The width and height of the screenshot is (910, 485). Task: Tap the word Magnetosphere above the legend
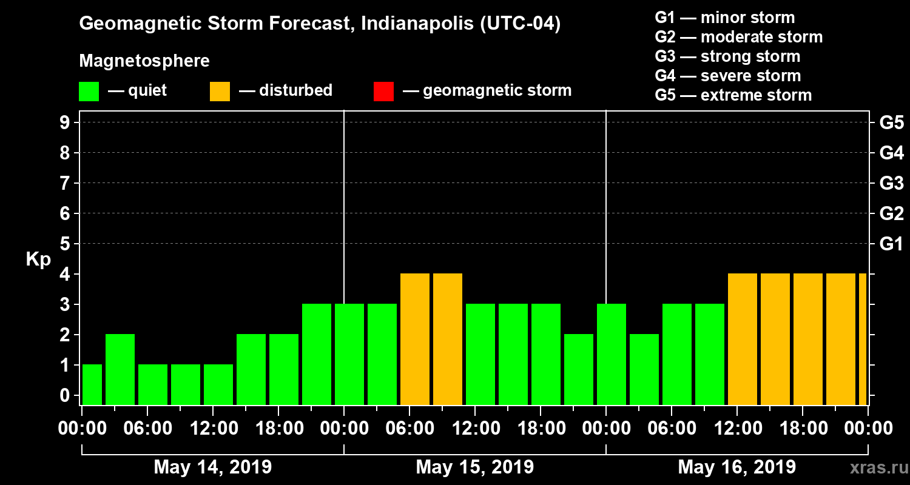pyautogui.click(x=144, y=61)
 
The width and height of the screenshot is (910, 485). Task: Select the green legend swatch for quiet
pyautogui.click(x=89, y=91)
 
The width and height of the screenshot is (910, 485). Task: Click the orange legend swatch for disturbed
pyautogui.click(x=220, y=91)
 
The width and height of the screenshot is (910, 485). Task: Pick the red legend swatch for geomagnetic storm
pyautogui.click(x=383, y=91)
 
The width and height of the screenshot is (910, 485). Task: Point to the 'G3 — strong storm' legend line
pyautogui.click(x=727, y=56)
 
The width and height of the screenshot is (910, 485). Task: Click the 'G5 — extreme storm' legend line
pyautogui.click(x=733, y=95)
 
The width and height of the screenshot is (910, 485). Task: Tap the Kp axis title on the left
pyautogui.click(x=38, y=259)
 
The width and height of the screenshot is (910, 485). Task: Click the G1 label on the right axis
pyautogui.click(x=891, y=244)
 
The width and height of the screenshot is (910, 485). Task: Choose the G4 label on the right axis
pyautogui.click(x=891, y=153)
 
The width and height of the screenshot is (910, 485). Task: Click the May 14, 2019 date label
pyautogui.click(x=212, y=467)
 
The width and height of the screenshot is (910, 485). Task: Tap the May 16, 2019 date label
pyautogui.click(x=736, y=467)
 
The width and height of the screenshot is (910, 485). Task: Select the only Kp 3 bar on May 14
pyautogui.click(x=317, y=354)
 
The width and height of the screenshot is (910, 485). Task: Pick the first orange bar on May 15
pyautogui.click(x=415, y=339)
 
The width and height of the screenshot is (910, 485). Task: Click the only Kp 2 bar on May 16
pyautogui.click(x=644, y=369)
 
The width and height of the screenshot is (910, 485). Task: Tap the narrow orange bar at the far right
pyautogui.click(x=862, y=339)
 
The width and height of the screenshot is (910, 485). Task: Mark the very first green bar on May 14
pyautogui.click(x=92, y=384)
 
